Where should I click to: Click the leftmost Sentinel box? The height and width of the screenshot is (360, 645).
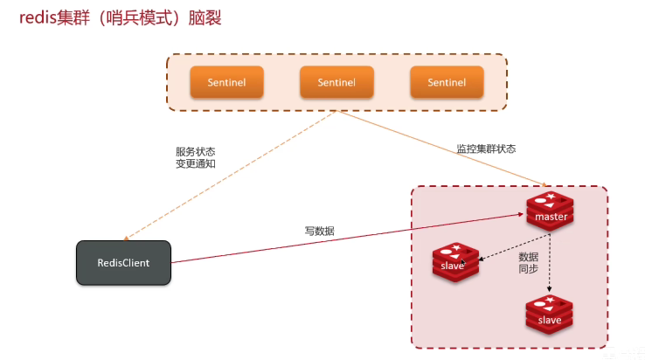coord(226,82)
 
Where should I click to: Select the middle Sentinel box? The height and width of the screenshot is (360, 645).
coord(336,82)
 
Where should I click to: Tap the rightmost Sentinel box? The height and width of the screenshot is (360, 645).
coord(447,82)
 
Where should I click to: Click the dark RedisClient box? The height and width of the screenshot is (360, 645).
coord(124,261)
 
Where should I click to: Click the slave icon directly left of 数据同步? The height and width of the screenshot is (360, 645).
coord(455,262)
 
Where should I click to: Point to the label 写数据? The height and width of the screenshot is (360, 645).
coord(319,232)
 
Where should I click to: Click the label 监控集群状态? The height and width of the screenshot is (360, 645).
coord(486,149)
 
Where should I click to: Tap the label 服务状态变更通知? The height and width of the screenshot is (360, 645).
coord(195,156)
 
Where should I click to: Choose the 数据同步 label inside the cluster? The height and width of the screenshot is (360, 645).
coord(528,263)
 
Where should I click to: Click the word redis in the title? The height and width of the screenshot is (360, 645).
coord(37,18)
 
